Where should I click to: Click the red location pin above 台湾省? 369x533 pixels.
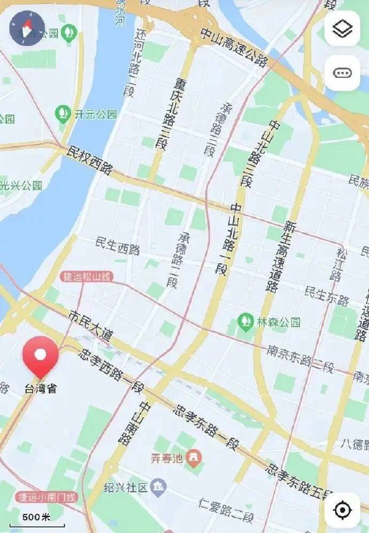(x=40, y=357)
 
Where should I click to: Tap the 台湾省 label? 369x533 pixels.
(x=41, y=388)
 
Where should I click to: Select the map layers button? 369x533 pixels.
(x=342, y=29)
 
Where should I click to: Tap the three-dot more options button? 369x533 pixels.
(x=342, y=73)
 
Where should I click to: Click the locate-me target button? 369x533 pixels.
(x=342, y=510)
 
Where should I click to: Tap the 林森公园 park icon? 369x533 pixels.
(x=246, y=322)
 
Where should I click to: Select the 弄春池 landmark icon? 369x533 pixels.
(x=193, y=458)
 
